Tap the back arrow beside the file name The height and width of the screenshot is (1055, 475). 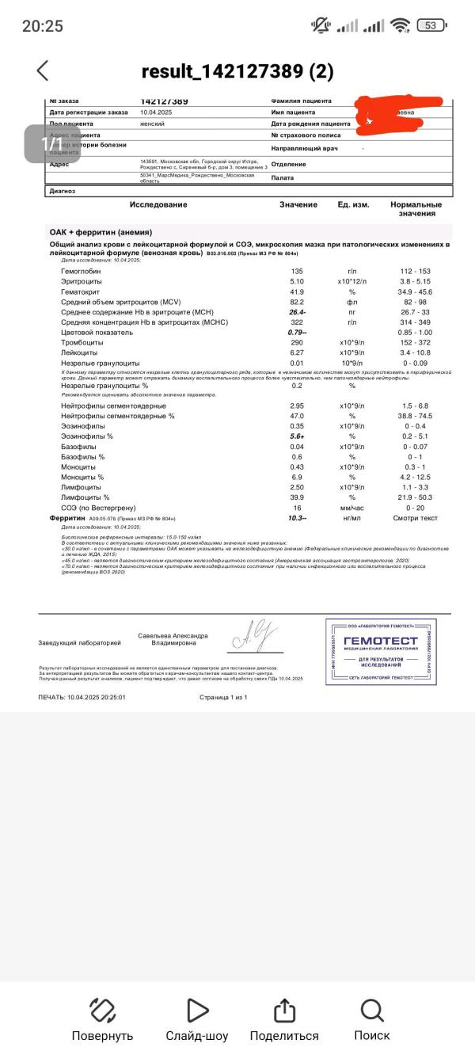coord(43,70)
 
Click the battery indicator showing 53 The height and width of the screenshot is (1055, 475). coord(431,25)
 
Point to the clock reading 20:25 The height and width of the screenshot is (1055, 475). coord(43,25)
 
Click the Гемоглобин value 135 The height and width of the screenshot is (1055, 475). coord(298,272)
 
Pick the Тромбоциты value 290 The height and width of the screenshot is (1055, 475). coord(298,343)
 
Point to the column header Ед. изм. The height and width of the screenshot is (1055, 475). coord(353,205)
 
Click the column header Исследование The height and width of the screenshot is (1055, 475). coord(158,205)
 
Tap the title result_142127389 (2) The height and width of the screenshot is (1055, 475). coord(237,71)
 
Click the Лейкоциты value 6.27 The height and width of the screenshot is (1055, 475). coord(298,353)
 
